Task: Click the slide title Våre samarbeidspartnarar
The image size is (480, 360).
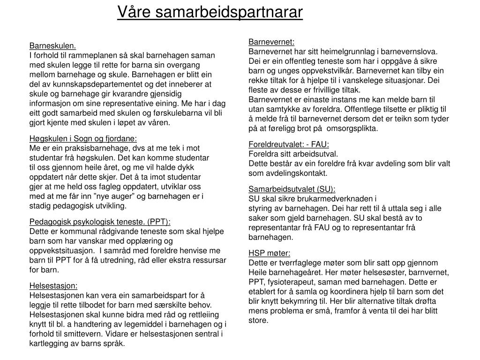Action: point(210,12)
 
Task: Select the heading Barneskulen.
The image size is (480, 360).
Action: point(52,46)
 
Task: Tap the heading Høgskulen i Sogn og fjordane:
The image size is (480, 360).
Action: point(83,138)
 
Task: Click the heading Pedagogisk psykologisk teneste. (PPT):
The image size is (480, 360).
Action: point(100,222)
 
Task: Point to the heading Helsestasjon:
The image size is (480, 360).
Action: point(53,285)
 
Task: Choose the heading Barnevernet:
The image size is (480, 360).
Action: point(271,42)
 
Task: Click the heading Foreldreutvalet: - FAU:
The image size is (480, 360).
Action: point(289,144)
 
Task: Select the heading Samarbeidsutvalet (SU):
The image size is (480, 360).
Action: point(292,189)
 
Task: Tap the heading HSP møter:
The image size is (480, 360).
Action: point(270,253)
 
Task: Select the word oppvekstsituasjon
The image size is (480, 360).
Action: point(61,251)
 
